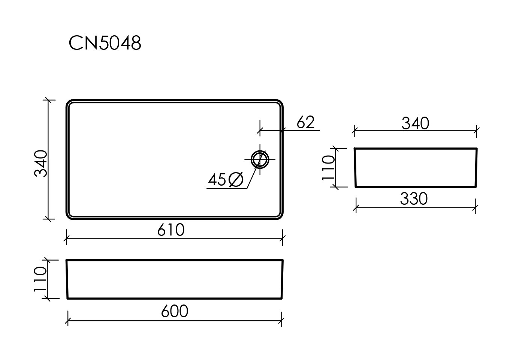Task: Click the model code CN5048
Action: (x=105, y=43)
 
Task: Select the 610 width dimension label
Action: (x=171, y=229)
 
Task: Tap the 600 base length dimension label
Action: (x=175, y=311)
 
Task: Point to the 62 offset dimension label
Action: (x=305, y=122)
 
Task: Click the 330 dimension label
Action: (x=414, y=199)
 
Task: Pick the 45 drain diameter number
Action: (x=217, y=180)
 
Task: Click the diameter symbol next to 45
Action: (x=236, y=180)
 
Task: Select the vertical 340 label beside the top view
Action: (x=41, y=163)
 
